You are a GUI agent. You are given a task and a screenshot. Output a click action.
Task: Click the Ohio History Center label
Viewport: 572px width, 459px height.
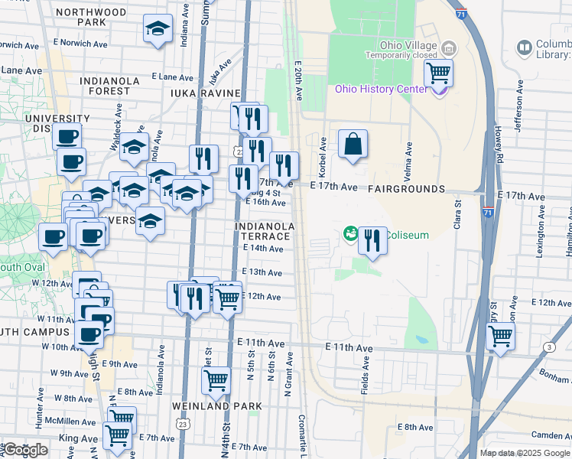tap(379, 89)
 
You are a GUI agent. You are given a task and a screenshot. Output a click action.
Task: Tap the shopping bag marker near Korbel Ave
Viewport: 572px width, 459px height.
tap(353, 144)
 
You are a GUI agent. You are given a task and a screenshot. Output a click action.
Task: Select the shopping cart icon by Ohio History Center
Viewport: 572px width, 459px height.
tap(439, 73)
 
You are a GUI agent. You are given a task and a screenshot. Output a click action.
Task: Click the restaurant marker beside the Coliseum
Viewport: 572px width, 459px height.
tap(372, 241)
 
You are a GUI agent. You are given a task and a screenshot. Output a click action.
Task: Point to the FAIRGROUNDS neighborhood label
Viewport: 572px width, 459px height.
tap(406, 188)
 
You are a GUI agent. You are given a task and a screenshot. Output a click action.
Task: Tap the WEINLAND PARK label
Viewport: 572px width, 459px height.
tap(217, 405)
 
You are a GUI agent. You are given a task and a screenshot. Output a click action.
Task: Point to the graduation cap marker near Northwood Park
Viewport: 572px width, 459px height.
tap(158, 30)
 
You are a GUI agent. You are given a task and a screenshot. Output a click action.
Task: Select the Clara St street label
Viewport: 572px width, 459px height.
tap(458, 213)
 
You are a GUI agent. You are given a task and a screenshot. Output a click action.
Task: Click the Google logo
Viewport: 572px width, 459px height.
tap(25, 450)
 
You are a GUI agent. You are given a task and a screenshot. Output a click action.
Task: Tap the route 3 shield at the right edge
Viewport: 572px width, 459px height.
tap(549, 347)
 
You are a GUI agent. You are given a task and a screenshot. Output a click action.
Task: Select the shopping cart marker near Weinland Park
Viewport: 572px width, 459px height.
tap(216, 379)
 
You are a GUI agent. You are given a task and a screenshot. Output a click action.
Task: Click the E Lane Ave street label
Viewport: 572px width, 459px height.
tap(172, 76)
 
